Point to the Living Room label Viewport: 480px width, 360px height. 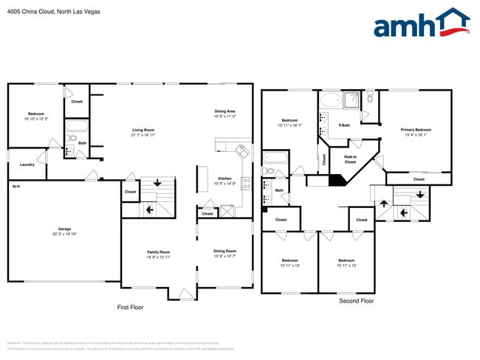(x=143, y=130)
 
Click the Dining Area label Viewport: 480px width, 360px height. (x=224, y=111)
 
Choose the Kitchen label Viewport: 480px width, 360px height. (x=224, y=179)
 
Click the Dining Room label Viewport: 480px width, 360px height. (x=224, y=251)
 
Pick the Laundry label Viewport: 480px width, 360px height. (x=27, y=165)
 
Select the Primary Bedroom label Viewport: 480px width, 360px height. (x=416, y=130)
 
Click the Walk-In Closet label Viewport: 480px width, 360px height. (x=351, y=159)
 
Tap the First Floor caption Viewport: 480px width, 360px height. (x=130, y=307)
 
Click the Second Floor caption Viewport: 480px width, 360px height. (x=357, y=301)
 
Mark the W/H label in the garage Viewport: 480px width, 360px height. (x=16, y=187)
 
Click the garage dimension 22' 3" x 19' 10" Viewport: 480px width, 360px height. (x=64, y=234)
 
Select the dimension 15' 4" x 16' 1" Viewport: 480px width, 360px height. (x=416, y=135)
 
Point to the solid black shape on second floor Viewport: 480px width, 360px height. (x=336, y=179)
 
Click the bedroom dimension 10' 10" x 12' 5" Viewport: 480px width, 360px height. (x=35, y=119)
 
